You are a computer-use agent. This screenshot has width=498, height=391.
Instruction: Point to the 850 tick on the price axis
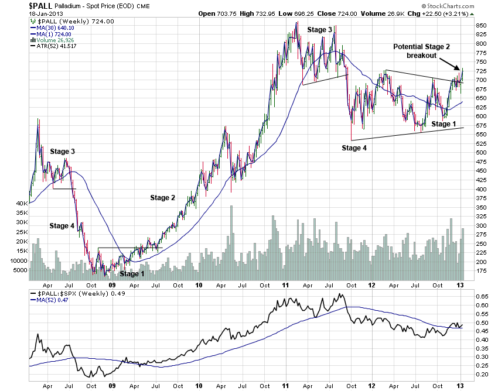coord(481,25)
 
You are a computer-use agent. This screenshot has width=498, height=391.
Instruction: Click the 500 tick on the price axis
coord(481,153)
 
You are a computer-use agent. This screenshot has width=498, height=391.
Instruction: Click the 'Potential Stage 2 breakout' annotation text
coord(422,51)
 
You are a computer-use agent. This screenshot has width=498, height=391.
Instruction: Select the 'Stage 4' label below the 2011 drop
coord(354,148)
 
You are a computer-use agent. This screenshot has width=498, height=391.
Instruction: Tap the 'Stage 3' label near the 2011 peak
coord(321,29)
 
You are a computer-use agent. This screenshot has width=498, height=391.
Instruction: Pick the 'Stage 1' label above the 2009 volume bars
coord(132,274)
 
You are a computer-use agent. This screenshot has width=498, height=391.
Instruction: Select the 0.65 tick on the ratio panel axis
coord(481,297)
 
